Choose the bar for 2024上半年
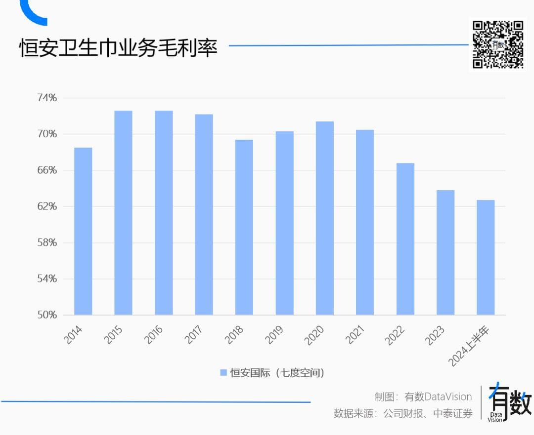pyautogui.click(x=485, y=257)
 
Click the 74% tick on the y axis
pyautogui.click(x=47, y=98)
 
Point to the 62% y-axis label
pyautogui.click(x=47, y=206)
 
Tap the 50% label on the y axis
pyautogui.click(x=47, y=315)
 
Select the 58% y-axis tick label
pyautogui.click(x=47, y=242)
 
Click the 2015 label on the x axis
pyautogui.click(x=114, y=334)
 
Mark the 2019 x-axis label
pyautogui.click(x=275, y=334)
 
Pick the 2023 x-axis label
pyautogui.click(x=436, y=334)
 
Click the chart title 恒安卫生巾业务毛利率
pyautogui.click(x=118, y=48)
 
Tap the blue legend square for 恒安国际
pyautogui.click(x=223, y=372)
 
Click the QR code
pyautogui.click(x=498, y=44)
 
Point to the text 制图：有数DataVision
pyautogui.click(x=423, y=396)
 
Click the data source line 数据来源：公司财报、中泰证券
pyautogui.click(x=403, y=413)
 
